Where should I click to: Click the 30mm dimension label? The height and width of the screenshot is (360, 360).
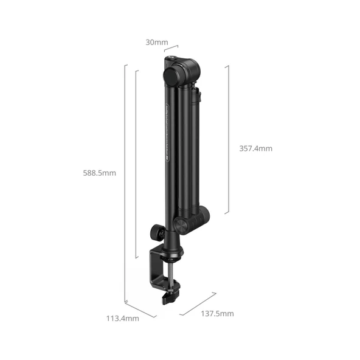[x=156, y=43]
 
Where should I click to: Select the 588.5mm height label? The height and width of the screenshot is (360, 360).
[x=100, y=173]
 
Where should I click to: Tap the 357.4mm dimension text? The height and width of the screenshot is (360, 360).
[x=255, y=148]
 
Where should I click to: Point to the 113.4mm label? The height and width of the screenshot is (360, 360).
[x=122, y=317]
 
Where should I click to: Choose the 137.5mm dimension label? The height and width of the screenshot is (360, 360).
[x=216, y=314]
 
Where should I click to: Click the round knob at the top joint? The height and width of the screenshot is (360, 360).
[x=173, y=75]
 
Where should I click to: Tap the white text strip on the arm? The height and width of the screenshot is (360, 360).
[x=166, y=137]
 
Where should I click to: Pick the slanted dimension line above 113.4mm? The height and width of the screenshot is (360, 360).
[x=140, y=308]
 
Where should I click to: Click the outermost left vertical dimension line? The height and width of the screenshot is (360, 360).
[x=125, y=182]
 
